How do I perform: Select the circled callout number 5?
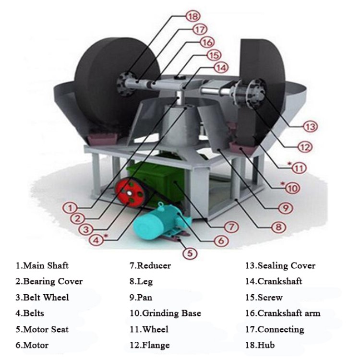coord(191,252)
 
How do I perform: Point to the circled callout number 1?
coord(70,208)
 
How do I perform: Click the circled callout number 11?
coord(300,168)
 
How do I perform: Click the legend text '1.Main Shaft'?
coord(42,265)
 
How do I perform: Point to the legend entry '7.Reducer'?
coord(150,265)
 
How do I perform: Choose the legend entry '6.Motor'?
coord(32,345)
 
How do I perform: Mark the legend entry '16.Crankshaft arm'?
coord(282,313)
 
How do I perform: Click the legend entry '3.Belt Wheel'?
coord(42,298)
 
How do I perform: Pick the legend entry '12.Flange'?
coord(149,345)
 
